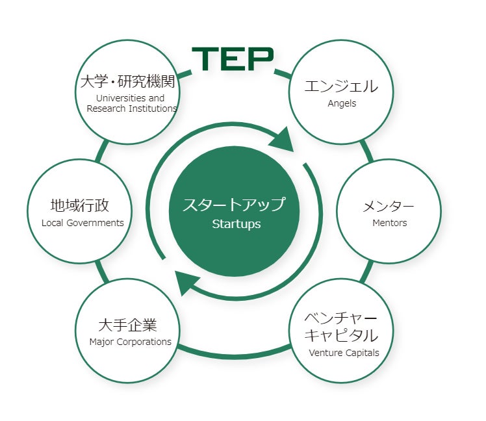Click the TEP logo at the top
[x=233, y=58]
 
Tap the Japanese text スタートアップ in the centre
[x=234, y=204]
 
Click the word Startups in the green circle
[x=236, y=224]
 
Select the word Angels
[x=342, y=103]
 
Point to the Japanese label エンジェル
[x=341, y=86]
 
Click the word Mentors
[x=389, y=223]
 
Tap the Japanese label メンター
[x=389, y=206]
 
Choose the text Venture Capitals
[x=344, y=353]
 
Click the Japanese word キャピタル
[x=341, y=335]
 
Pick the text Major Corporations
[x=130, y=342]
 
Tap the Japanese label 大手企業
[x=128, y=324]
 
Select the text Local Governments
[x=83, y=223]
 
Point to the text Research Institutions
[x=132, y=108]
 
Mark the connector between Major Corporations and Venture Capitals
[x=234, y=353]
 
